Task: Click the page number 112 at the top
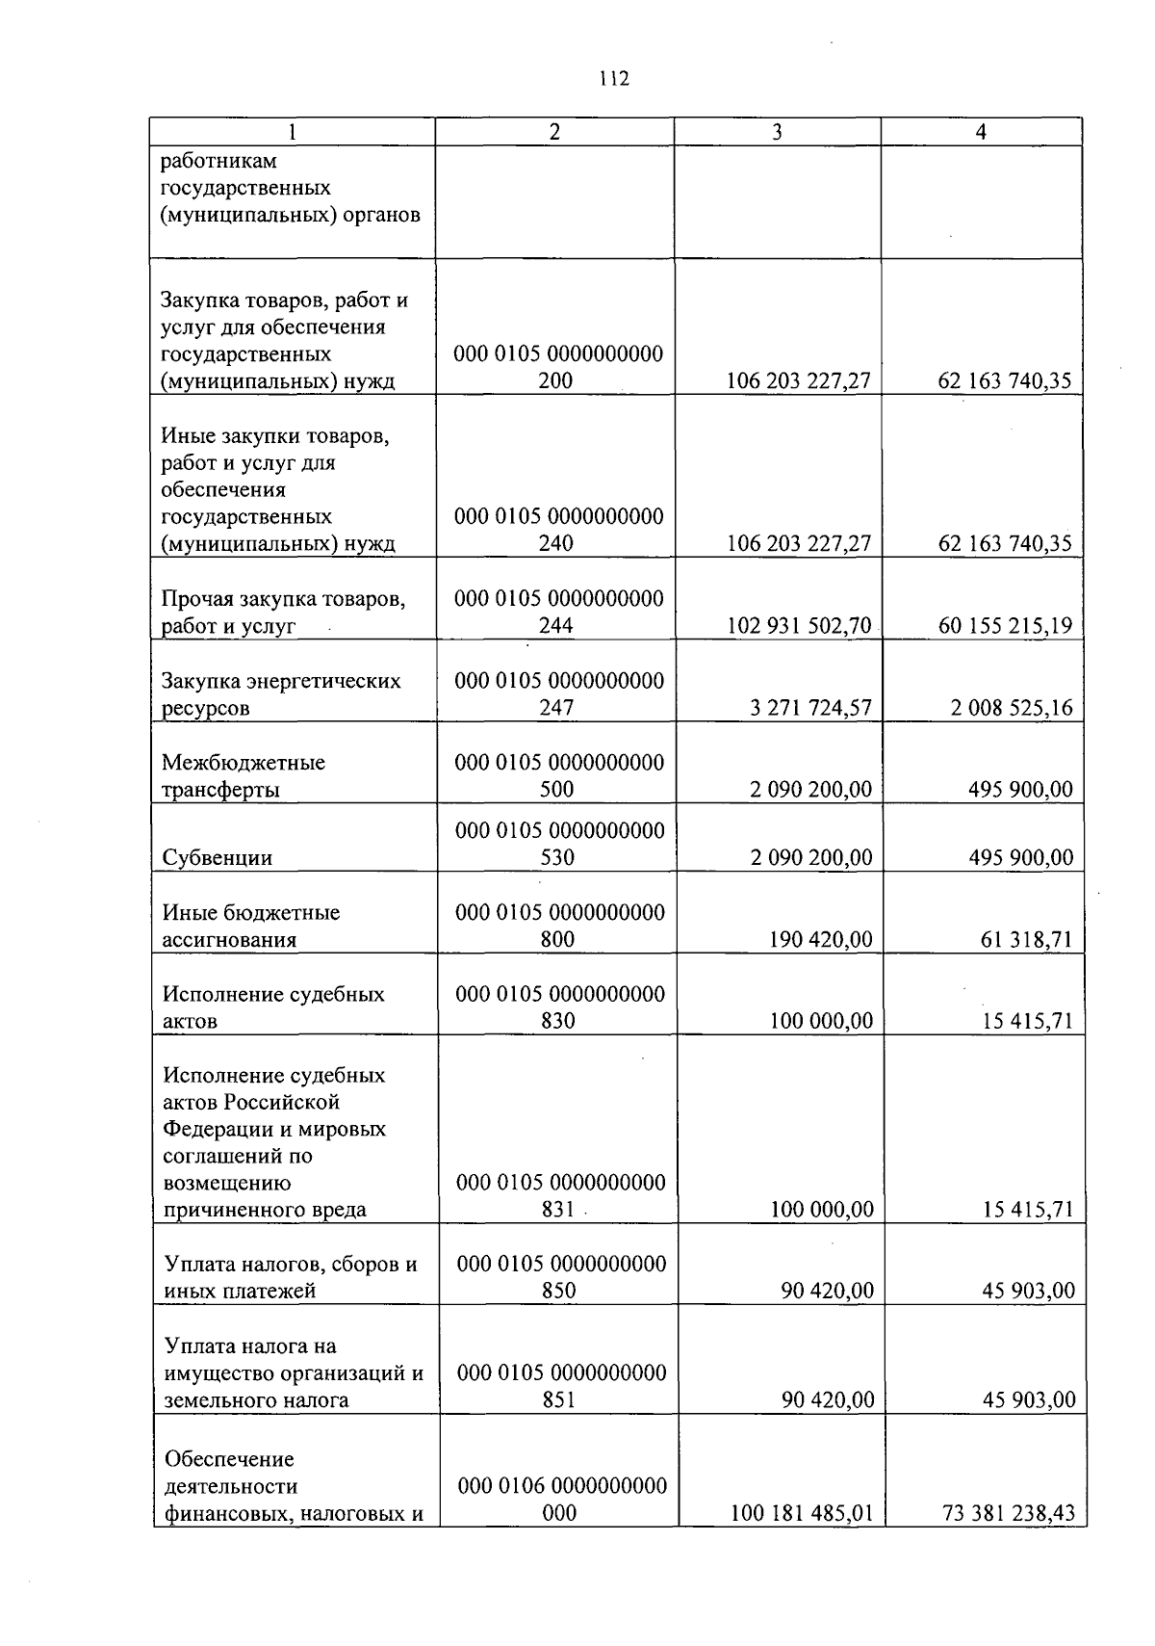point(612,80)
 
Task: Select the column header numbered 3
point(777,133)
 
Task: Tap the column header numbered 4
point(981,133)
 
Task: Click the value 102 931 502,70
point(799,626)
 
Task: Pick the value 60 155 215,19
point(1005,626)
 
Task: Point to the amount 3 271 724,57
point(810,708)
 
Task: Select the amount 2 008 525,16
point(1012,708)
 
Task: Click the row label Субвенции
point(218,857)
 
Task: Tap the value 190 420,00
point(821,939)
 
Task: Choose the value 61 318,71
point(1026,939)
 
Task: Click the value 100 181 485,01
point(802,1513)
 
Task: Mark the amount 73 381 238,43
point(1008,1513)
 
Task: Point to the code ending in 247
point(557,694)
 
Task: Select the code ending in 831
point(559,1195)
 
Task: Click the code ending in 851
point(560,1386)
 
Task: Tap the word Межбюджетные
point(244,763)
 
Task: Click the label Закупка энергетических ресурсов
point(280,694)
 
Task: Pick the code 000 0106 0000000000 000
point(561,1500)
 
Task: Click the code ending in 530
point(558,844)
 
